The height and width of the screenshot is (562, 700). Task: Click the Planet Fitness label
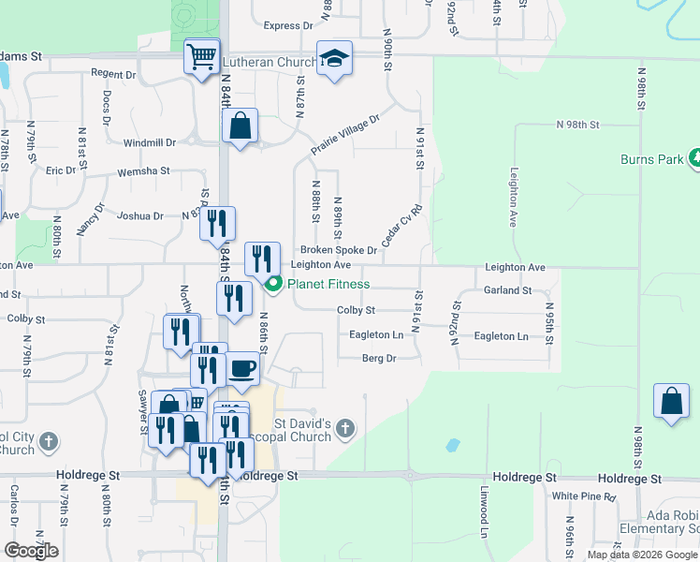(328, 284)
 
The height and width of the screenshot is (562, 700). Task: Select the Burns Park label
(652, 159)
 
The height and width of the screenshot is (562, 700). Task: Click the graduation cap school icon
(333, 60)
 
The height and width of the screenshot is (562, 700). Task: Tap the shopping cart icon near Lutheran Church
(202, 57)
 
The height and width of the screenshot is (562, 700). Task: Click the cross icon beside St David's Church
(345, 429)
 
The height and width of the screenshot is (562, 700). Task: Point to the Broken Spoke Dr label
(338, 250)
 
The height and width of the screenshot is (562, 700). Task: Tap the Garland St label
(508, 290)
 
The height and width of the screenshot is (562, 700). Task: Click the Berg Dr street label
(379, 358)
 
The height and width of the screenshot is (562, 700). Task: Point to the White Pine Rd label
(584, 495)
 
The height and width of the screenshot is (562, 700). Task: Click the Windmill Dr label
(150, 142)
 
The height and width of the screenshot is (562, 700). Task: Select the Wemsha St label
(143, 171)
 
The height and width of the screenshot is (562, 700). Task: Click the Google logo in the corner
(31, 550)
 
